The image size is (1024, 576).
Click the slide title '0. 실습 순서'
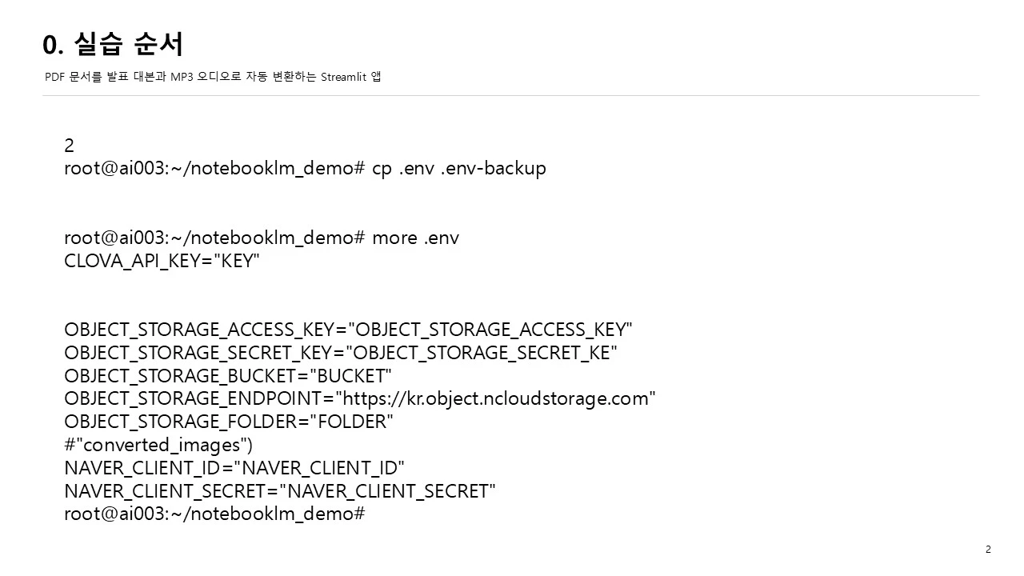(x=113, y=44)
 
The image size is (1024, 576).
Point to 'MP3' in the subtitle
(x=182, y=77)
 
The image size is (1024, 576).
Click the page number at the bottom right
(x=988, y=549)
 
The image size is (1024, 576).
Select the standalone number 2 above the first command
(x=69, y=146)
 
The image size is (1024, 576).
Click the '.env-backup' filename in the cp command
(x=494, y=168)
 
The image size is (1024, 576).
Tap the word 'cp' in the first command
(x=382, y=169)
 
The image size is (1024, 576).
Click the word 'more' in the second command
(x=394, y=238)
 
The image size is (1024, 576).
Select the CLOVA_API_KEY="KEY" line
(x=162, y=261)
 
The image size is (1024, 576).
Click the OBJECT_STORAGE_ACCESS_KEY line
(x=348, y=330)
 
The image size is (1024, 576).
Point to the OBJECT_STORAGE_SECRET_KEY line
(x=341, y=353)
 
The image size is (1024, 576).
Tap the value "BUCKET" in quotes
(x=350, y=376)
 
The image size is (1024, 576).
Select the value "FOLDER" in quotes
(x=351, y=422)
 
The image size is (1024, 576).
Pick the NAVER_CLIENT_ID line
(x=234, y=468)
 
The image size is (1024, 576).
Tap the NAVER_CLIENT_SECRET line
(x=280, y=491)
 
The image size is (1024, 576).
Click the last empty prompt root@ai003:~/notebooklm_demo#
(x=215, y=514)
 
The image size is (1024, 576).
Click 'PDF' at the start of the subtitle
(x=54, y=77)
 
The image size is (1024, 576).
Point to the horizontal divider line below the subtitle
(x=511, y=95)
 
